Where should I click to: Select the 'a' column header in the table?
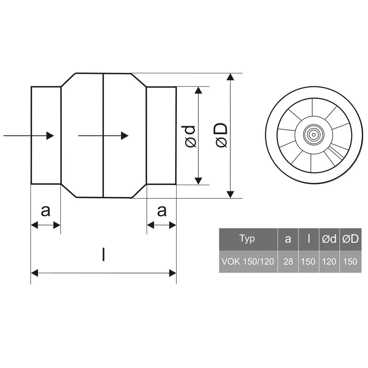[x=288, y=239]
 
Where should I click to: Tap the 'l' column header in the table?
[x=309, y=239]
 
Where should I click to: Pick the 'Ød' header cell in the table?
[x=329, y=239]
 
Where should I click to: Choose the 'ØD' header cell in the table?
[x=350, y=239]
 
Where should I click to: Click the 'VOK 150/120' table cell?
[x=248, y=261]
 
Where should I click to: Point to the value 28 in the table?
[x=288, y=261]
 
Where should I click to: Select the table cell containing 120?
[x=329, y=261]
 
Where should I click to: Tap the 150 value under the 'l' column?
[x=308, y=261]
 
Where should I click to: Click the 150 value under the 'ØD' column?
[x=350, y=261]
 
